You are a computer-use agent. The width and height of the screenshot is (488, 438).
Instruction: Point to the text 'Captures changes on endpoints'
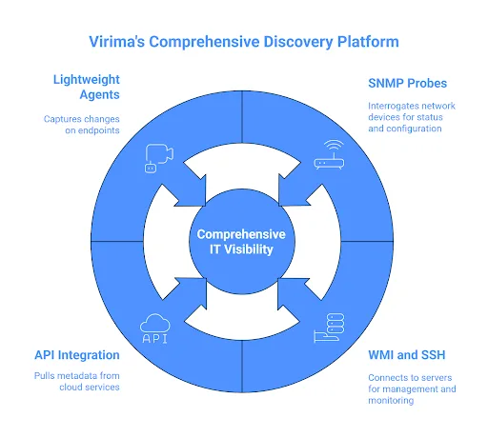click(82, 126)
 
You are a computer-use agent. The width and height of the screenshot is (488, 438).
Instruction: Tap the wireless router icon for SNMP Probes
click(328, 156)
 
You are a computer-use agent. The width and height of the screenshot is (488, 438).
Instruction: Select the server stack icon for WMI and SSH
click(328, 329)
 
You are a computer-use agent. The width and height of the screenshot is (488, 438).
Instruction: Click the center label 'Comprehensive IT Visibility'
click(243, 244)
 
